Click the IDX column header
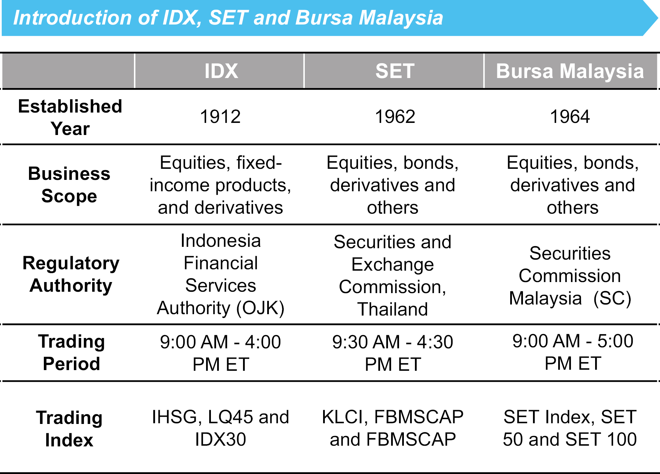pyautogui.click(x=221, y=71)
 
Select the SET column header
pyautogui.click(x=395, y=71)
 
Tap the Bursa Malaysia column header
pyautogui.click(x=570, y=71)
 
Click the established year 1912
pyautogui.click(x=220, y=117)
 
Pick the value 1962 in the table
pyautogui.click(x=395, y=117)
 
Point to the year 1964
pyautogui.click(x=570, y=117)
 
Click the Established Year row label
pyautogui.click(x=70, y=117)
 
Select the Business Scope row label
pyautogui.click(x=69, y=185)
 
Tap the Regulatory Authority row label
pyautogui.click(x=71, y=274)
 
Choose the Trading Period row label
pyautogui.click(x=71, y=353)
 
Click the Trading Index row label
pyautogui.click(x=69, y=429)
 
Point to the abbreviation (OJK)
pyautogui.click(x=260, y=308)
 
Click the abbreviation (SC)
pyautogui.click(x=612, y=298)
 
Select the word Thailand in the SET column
pyautogui.click(x=392, y=309)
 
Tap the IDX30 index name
pyautogui.click(x=220, y=439)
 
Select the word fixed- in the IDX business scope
pyautogui.click(x=259, y=163)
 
